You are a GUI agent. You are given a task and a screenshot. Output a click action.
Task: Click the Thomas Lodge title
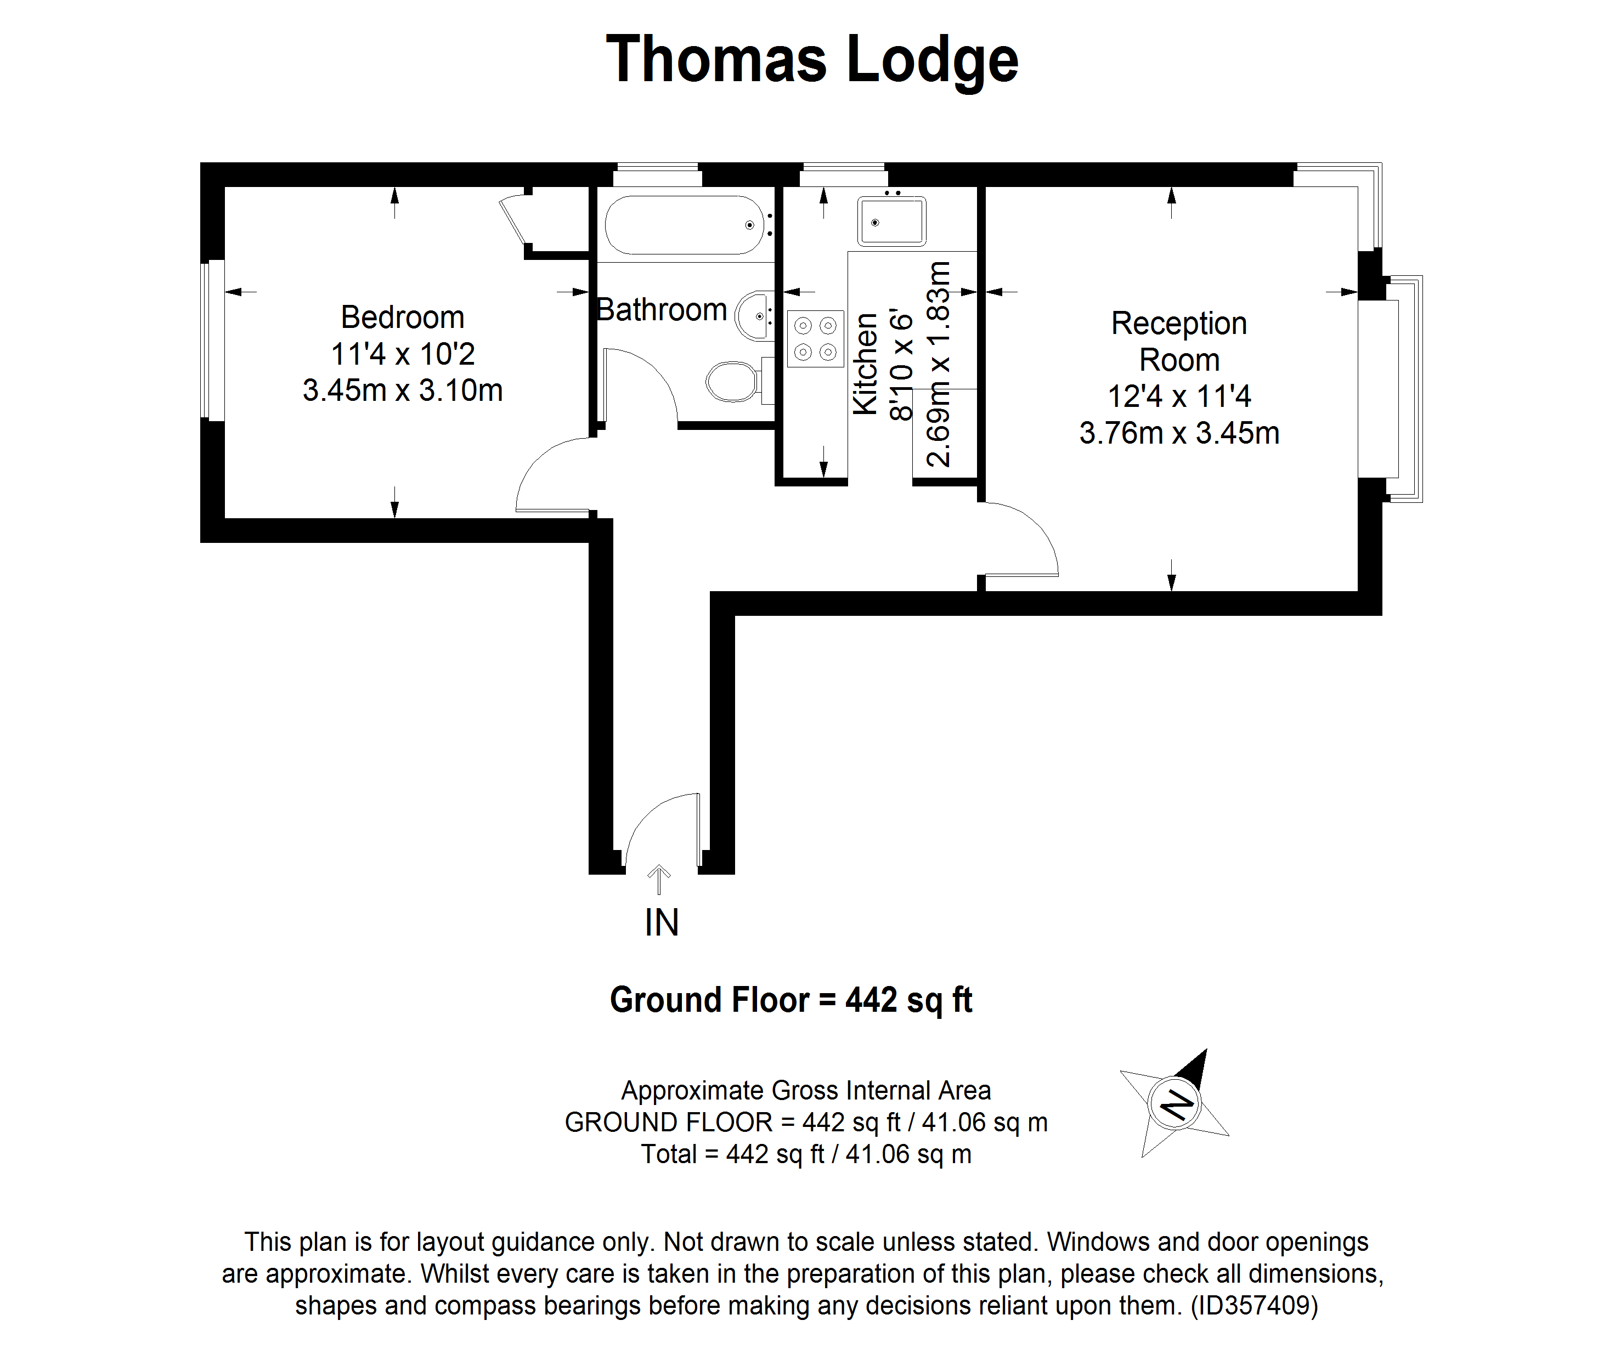pyautogui.click(x=812, y=60)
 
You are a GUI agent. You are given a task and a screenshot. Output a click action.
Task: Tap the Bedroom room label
pyautogui.click(x=403, y=317)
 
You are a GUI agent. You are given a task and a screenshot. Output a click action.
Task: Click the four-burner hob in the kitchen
pyautogui.click(x=815, y=338)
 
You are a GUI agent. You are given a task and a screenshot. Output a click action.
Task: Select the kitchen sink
pyautogui.click(x=891, y=221)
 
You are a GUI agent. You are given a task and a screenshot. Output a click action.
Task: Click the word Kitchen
pyautogui.click(x=865, y=364)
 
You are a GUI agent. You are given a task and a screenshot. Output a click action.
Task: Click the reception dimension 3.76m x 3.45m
pyautogui.click(x=1179, y=433)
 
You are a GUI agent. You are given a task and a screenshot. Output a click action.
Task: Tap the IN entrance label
pyautogui.click(x=662, y=923)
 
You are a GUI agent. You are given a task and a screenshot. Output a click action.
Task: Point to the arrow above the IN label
pyautogui.click(x=659, y=880)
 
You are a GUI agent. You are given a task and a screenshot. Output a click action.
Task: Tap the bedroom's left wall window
pyautogui.click(x=212, y=340)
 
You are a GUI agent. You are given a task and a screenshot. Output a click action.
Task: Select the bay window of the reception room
pyautogui.click(x=1391, y=389)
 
